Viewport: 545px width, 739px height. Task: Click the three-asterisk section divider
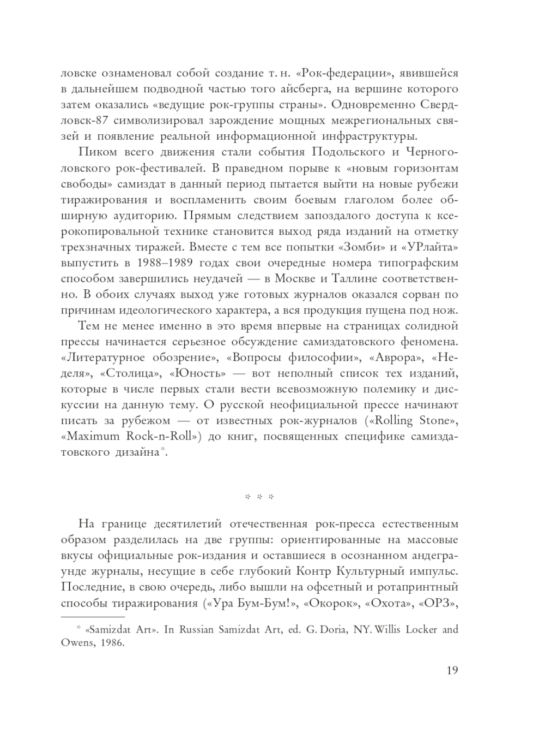click(259, 497)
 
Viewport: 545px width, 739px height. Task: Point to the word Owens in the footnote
click(75, 643)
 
